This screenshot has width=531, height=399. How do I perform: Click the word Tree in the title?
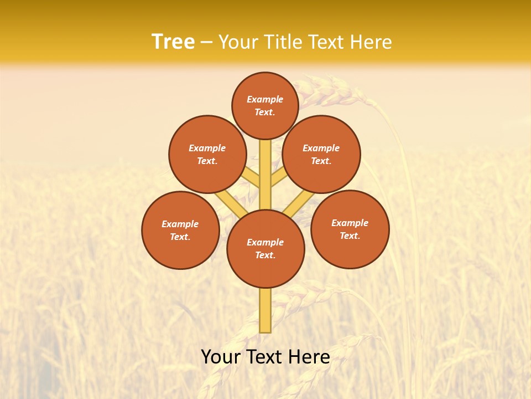click(173, 42)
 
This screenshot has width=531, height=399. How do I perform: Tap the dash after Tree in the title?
click(206, 43)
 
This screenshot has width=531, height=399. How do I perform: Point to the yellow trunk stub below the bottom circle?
click(265, 310)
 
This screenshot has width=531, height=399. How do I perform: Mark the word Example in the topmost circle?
click(265, 100)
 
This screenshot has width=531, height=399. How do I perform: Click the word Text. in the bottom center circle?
click(265, 255)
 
